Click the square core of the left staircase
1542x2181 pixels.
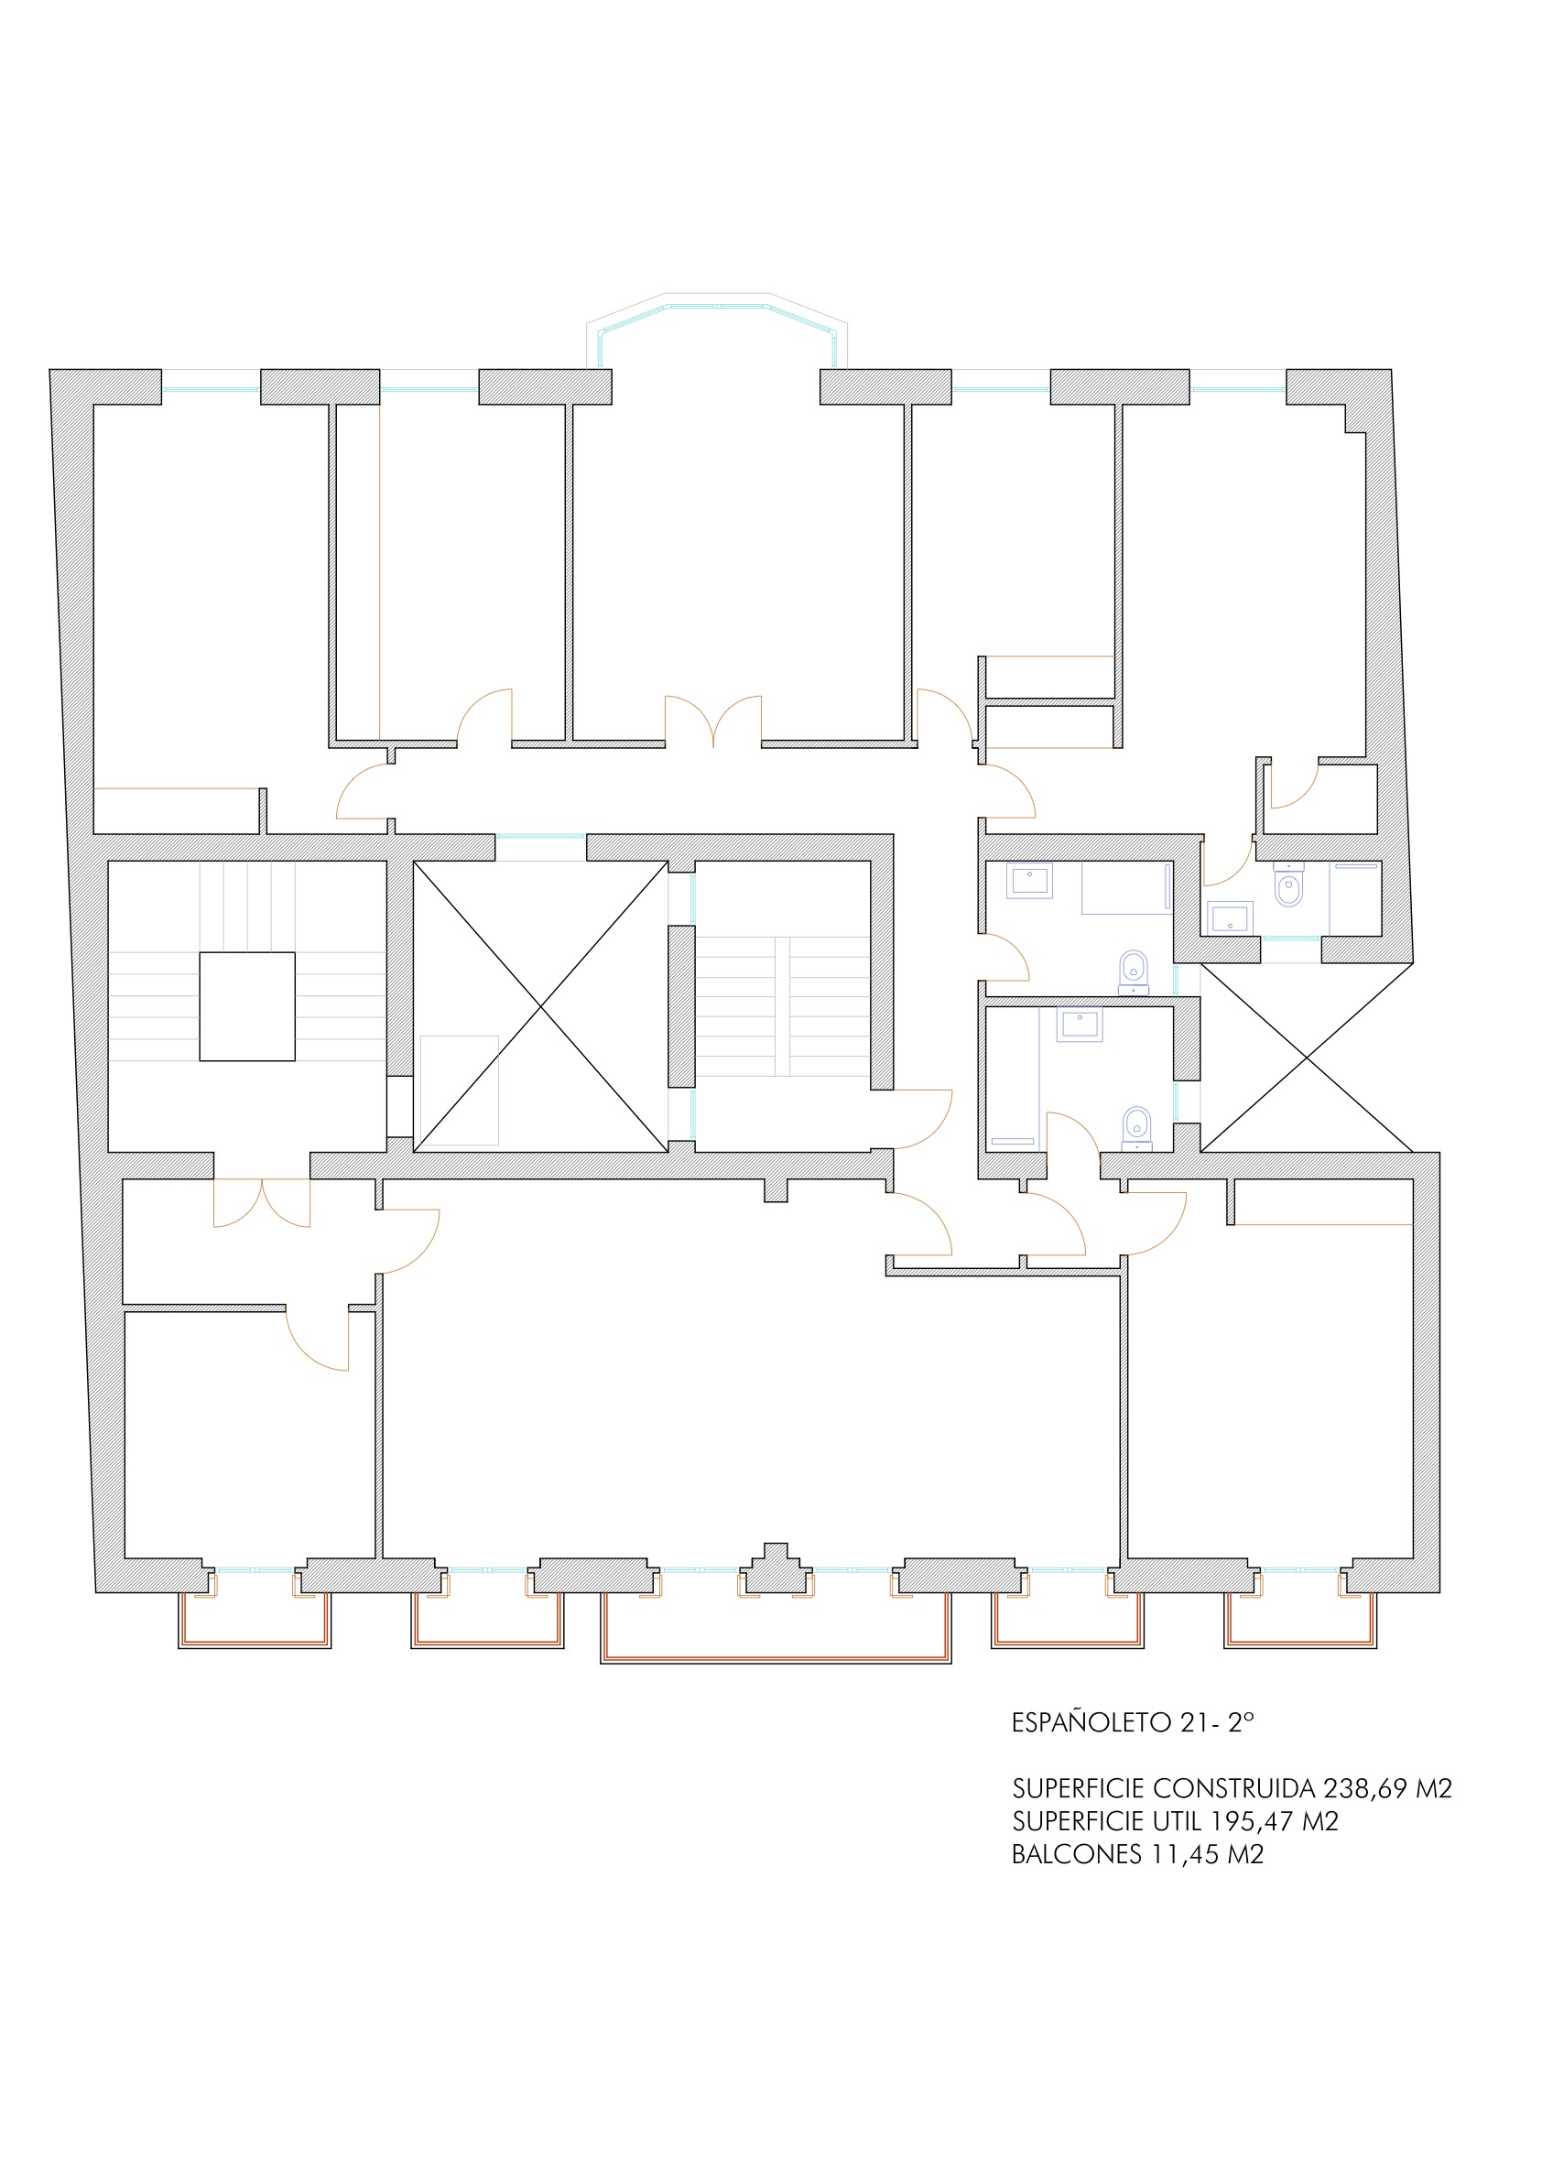tap(247, 1006)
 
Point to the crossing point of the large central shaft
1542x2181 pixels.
tap(541, 1006)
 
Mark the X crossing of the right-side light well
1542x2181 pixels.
tap(1308, 1057)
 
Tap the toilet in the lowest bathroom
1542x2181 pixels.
tap(1135, 1130)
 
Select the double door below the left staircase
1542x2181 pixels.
tap(262, 1202)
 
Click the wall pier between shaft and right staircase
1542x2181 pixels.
tap(681, 1006)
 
